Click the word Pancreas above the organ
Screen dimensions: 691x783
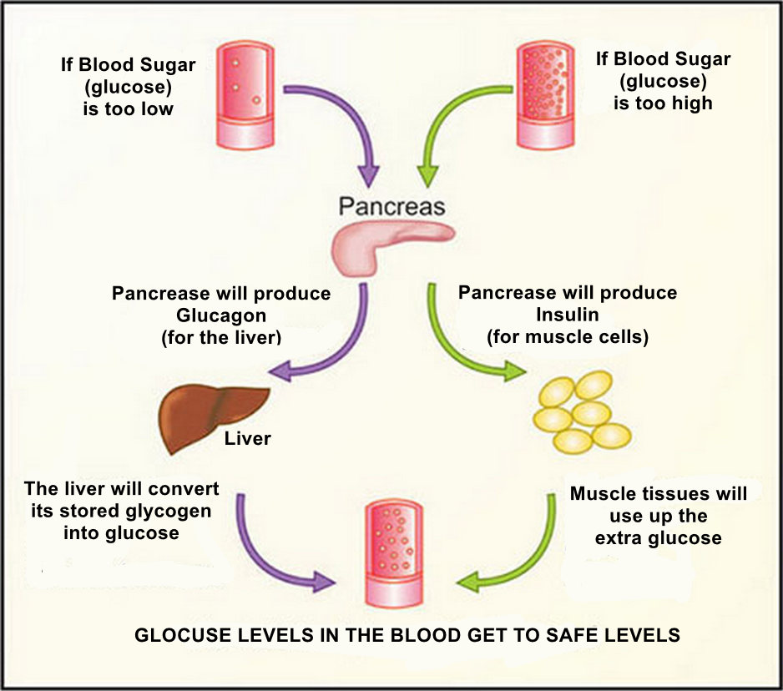point(392,206)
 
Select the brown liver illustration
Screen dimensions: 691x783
point(211,416)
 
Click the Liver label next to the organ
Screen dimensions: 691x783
point(248,438)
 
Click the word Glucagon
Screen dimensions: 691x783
point(220,315)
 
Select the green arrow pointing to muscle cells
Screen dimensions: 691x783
point(451,342)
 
